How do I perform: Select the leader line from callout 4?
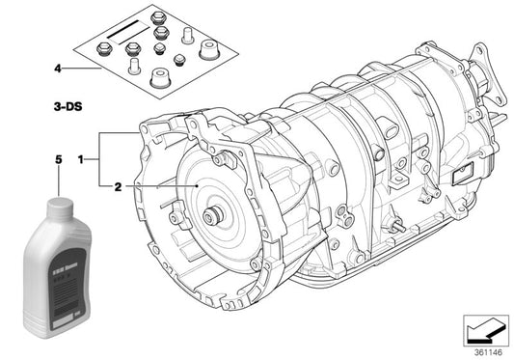pyautogui.click(x=82, y=69)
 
